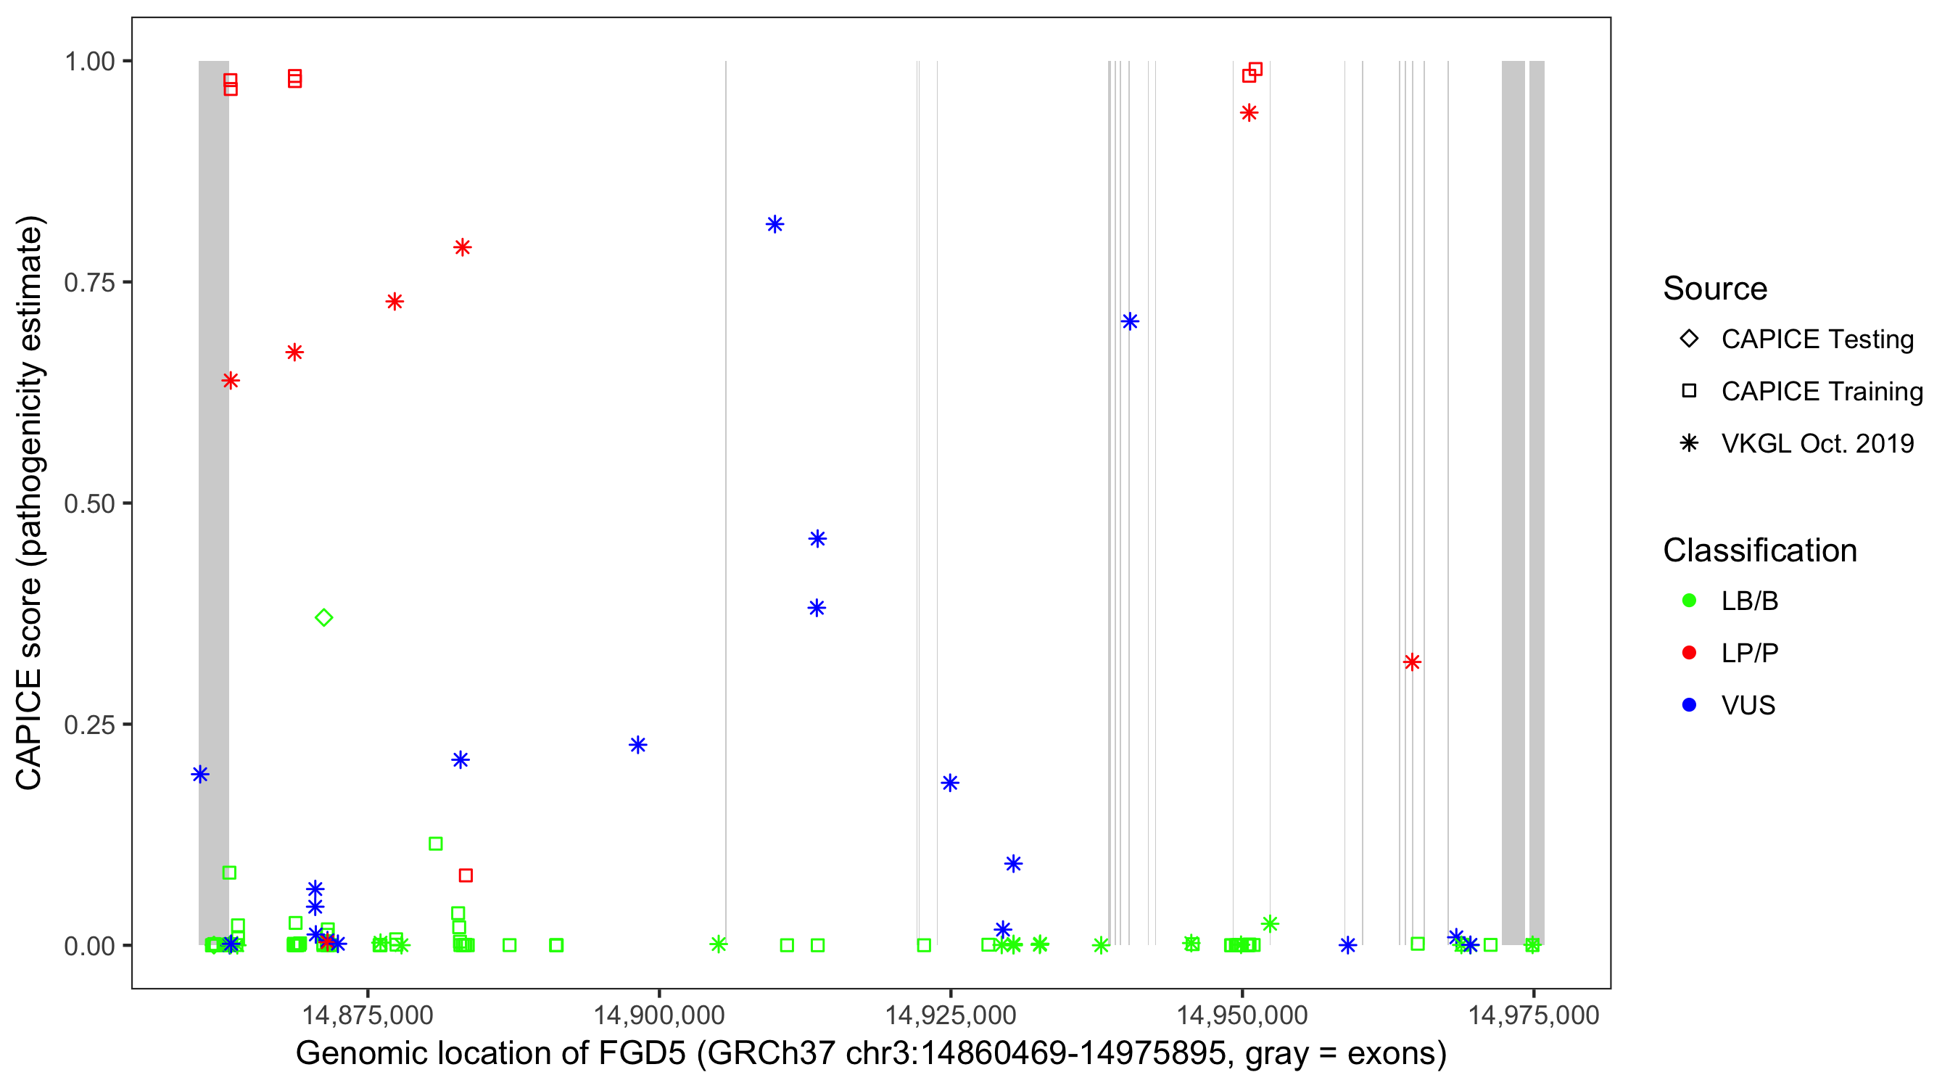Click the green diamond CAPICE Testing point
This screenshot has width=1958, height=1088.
point(324,617)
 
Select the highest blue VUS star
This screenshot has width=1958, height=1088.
point(774,224)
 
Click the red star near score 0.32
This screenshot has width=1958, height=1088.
point(1411,662)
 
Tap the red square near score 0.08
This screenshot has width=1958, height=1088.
point(466,875)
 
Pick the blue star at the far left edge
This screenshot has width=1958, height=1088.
point(200,774)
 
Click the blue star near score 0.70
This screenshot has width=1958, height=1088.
point(1130,321)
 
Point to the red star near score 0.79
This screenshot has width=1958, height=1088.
point(462,247)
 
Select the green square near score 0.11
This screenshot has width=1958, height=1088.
point(436,843)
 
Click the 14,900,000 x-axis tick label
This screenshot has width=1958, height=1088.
point(658,1015)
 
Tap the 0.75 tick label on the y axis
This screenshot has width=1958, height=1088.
point(88,283)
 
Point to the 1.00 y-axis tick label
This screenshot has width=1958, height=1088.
point(88,62)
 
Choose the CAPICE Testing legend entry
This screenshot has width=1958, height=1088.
point(1817,339)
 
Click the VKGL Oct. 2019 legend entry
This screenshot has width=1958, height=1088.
point(1817,443)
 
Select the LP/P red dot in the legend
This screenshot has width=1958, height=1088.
point(1689,653)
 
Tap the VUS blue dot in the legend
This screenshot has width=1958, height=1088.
point(1689,705)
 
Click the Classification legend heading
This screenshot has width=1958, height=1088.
point(1759,551)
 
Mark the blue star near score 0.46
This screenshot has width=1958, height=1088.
point(817,539)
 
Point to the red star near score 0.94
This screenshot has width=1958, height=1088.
point(1249,113)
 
